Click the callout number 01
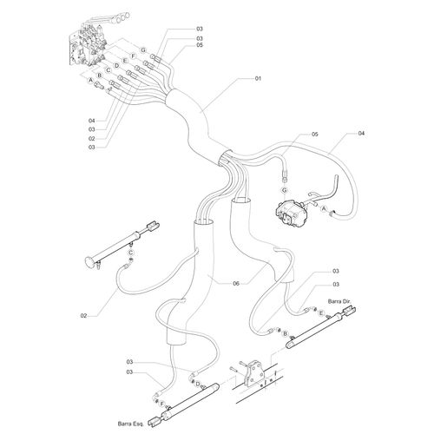pos(258,78)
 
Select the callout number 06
pos(236,284)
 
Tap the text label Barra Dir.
pos(339,301)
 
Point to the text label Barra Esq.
pos(131,424)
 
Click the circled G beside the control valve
pos(143,50)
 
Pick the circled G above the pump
pos(285,190)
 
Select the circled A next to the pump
pos(324,208)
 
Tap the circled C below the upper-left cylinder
pos(131,252)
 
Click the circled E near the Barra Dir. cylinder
pos(320,313)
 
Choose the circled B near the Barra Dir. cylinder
pos(286,334)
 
